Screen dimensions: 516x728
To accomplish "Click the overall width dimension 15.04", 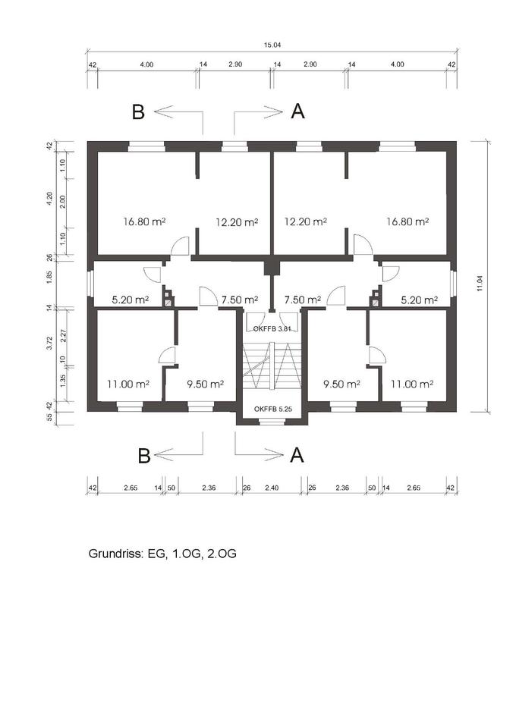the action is tap(272, 45).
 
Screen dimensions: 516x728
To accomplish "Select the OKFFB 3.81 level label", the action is tap(272, 328).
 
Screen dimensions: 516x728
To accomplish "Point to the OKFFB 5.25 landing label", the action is tap(272, 409).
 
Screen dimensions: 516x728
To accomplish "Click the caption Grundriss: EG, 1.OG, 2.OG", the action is tap(162, 554).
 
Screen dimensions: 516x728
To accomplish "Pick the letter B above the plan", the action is tap(138, 112).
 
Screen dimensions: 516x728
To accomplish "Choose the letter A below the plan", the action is tap(297, 455).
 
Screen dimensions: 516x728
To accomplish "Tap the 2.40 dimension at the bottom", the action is tap(272, 488).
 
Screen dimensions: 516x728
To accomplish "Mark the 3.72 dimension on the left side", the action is tap(50, 344).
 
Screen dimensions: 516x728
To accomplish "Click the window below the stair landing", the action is tap(272, 422).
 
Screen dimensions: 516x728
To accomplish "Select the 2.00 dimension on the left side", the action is tap(63, 202).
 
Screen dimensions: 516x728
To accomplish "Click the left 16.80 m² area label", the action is tap(144, 222).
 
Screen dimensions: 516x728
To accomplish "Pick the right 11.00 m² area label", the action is tap(412, 384).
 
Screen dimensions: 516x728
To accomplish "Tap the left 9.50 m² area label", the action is tap(206, 384).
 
